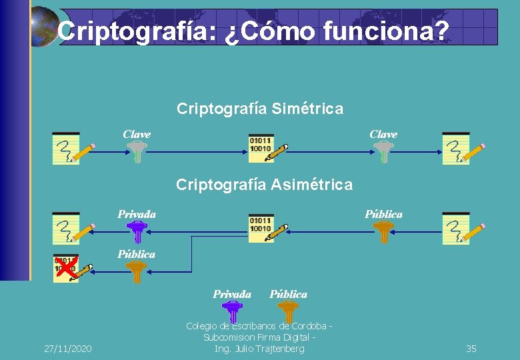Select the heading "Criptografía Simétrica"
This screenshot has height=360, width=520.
(x=260, y=108)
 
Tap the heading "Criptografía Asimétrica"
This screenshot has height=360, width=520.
(x=264, y=185)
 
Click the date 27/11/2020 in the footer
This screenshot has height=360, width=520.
(x=68, y=349)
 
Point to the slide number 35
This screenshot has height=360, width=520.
(x=471, y=349)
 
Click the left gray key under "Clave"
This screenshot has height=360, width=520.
(x=137, y=151)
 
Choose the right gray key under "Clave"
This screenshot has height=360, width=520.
(x=383, y=151)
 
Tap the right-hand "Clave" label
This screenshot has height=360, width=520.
(x=383, y=134)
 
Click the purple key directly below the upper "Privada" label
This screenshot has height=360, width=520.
(x=137, y=231)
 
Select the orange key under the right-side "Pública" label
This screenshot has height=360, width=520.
(x=383, y=231)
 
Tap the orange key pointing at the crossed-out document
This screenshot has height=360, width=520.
(x=137, y=271)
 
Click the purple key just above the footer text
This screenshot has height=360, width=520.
(x=231, y=311)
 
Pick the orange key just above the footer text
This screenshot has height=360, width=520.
(x=288, y=311)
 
